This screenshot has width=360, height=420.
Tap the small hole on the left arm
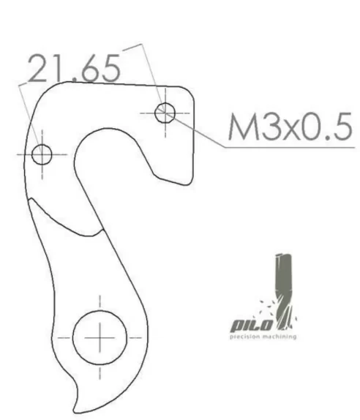click(x=42, y=154)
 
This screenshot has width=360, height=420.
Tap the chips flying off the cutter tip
click(x=269, y=307)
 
